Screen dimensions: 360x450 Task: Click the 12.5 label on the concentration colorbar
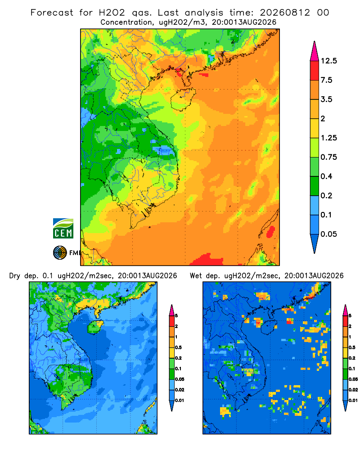[328, 61]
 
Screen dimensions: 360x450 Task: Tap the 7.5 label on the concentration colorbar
[326, 80]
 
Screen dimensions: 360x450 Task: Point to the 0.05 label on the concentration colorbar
[328, 234]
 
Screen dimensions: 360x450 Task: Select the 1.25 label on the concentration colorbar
[328, 138]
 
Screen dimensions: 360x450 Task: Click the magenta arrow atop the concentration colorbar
[315, 52]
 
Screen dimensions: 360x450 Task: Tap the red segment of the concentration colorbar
[315, 71]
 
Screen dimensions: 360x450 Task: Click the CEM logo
[63, 229]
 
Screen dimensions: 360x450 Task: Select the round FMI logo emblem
[60, 253]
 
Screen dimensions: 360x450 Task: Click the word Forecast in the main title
[52, 13]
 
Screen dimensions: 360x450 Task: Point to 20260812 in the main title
[285, 13]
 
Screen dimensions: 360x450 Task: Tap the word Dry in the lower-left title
[15, 276]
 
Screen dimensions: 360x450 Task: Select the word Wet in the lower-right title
[196, 276]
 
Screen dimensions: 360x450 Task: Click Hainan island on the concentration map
[183, 99]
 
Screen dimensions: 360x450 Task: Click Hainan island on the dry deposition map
[95, 327]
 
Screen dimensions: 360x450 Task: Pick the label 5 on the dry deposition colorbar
[176, 316]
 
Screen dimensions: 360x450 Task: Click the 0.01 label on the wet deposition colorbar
[353, 400]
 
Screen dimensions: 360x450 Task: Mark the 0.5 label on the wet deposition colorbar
[352, 347]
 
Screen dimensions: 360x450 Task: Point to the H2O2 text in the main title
[112, 13]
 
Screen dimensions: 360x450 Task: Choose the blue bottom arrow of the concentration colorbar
[315, 243]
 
